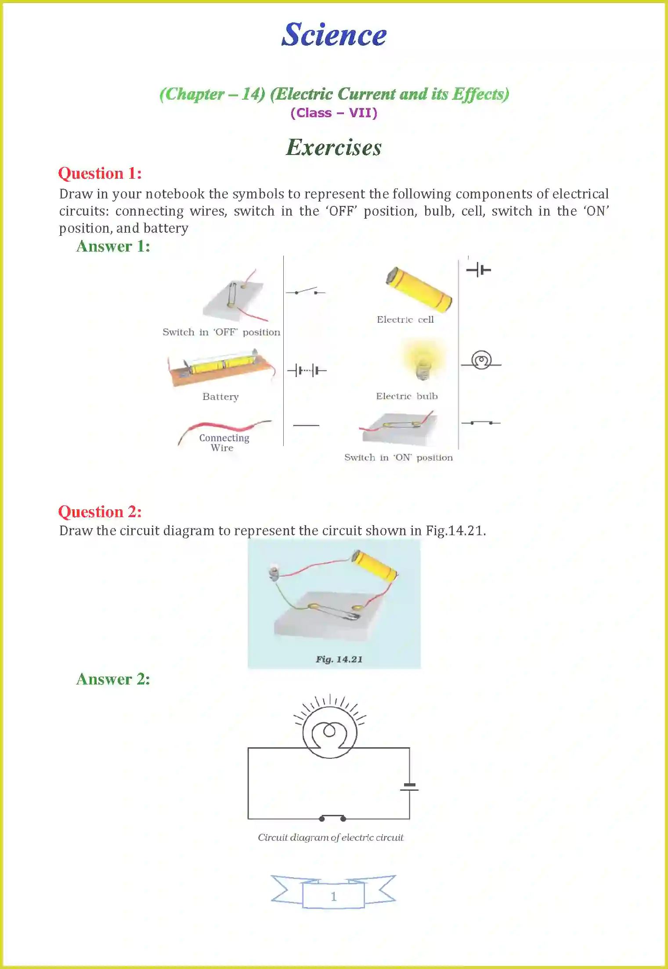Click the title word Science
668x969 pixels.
click(x=334, y=35)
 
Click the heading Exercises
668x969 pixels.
click(x=334, y=148)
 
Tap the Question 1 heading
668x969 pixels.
click(x=100, y=173)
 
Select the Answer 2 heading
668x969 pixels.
click(x=113, y=679)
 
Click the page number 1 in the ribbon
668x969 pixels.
click(x=334, y=896)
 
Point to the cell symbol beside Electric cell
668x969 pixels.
click(x=478, y=270)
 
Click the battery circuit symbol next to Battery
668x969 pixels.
click(x=307, y=371)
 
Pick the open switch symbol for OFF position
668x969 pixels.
click(x=306, y=292)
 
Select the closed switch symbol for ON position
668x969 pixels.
click(x=481, y=423)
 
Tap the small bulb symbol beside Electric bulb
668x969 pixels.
click(x=481, y=361)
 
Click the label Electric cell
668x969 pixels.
click(x=405, y=320)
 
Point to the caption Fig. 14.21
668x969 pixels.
click(x=339, y=659)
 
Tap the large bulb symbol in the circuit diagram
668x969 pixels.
click(x=329, y=732)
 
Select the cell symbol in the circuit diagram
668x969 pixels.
click(x=409, y=787)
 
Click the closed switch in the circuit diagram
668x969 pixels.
click(x=332, y=818)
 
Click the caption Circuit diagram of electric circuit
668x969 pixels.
click(x=330, y=837)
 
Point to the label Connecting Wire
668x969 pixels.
click(x=224, y=443)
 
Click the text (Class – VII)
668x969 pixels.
click(x=334, y=113)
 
